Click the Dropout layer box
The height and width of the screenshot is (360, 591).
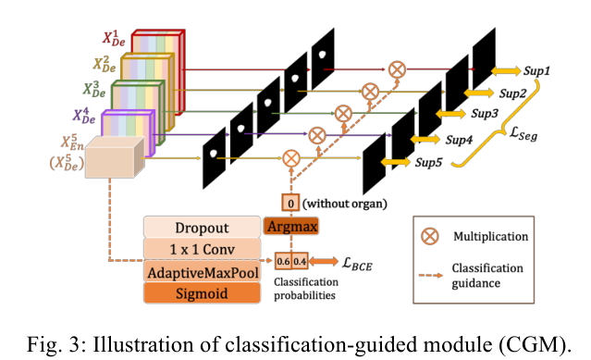pyautogui.click(x=202, y=227)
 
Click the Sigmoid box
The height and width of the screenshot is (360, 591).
pyautogui.click(x=202, y=293)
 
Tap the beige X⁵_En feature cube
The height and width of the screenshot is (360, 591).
pyautogui.click(x=110, y=164)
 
